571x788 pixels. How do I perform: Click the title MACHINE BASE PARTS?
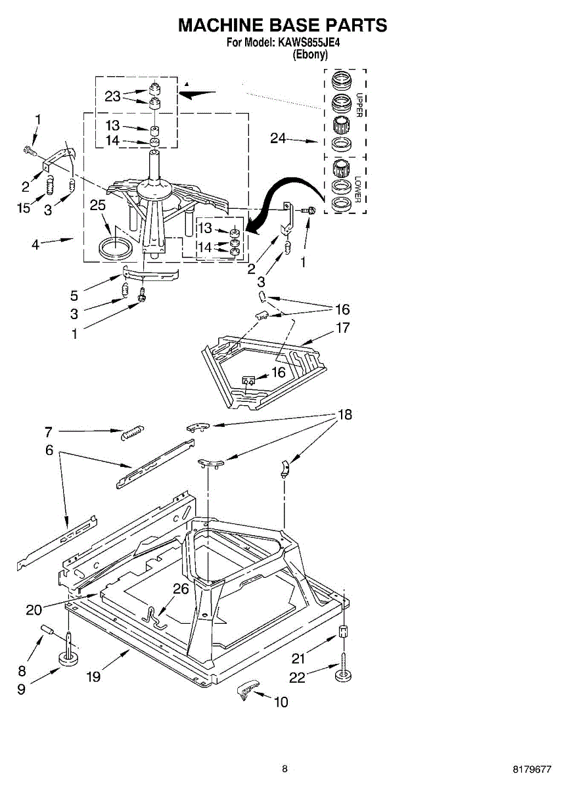[283, 26]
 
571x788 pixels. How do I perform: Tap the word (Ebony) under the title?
[309, 55]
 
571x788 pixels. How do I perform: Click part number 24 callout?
[278, 139]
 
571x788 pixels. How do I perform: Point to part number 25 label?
[98, 206]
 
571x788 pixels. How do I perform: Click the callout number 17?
[343, 327]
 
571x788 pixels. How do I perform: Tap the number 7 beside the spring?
[49, 431]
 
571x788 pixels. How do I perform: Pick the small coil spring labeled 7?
[131, 432]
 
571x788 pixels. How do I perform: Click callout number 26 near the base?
[180, 589]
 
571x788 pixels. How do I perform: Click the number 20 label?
[34, 609]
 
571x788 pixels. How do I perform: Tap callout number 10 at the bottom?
[281, 702]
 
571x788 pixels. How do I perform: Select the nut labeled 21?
[343, 632]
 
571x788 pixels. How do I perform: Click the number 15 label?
[24, 209]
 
